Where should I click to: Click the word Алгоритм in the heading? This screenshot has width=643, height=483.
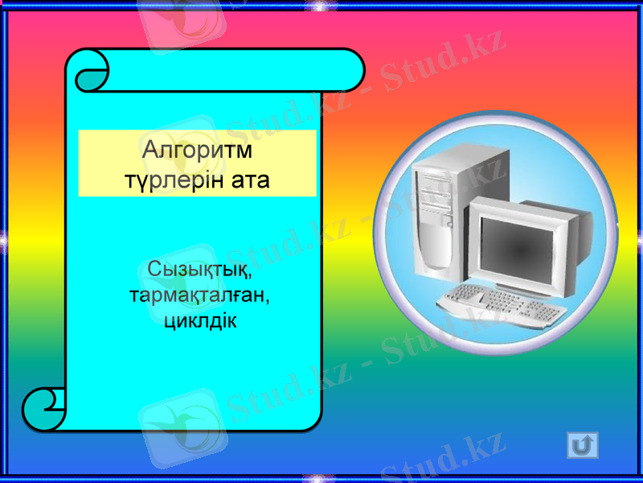click(197, 151)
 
